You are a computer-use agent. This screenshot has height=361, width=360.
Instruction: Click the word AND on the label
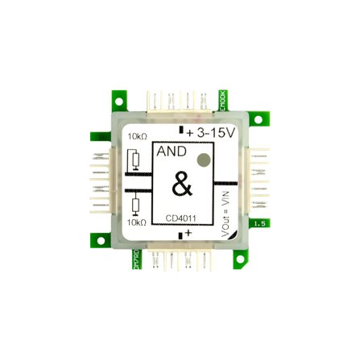(171, 152)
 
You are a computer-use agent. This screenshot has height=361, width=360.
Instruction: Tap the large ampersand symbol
(183, 186)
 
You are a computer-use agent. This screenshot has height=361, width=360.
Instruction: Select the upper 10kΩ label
(136, 137)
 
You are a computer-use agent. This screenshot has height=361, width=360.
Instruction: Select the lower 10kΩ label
(136, 222)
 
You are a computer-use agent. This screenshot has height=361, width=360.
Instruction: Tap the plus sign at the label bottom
(188, 234)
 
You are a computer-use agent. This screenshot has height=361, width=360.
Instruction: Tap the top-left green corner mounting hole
(118, 102)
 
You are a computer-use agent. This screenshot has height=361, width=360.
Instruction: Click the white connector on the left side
(99, 181)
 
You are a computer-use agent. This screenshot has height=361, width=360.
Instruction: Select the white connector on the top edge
(180, 101)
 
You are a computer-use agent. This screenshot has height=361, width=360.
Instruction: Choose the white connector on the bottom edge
(180, 260)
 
